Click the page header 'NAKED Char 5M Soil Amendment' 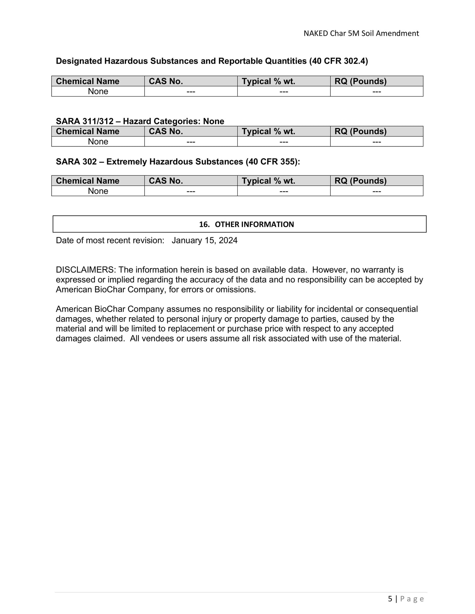point(361,33)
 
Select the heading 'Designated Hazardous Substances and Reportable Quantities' point(212,61)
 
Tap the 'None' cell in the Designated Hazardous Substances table point(98,91)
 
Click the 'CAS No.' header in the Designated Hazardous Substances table point(166,81)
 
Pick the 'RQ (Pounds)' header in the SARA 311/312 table point(360,131)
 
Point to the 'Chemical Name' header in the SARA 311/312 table point(87,131)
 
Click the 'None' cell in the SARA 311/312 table point(98,142)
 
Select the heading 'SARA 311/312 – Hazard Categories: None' point(140,121)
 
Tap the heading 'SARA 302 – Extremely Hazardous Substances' point(178,162)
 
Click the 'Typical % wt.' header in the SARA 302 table point(268,181)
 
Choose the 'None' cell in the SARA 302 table point(98,191)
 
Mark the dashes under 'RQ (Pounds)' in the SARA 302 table point(377,191)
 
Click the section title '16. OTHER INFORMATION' point(247,224)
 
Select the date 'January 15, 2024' point(204,240)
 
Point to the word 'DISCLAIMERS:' point(86,270)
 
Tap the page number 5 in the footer point(390,599)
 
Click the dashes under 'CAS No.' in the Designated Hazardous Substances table point(191,91)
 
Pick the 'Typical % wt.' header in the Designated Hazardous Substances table point(268,81)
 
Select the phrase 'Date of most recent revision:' point(110,240)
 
